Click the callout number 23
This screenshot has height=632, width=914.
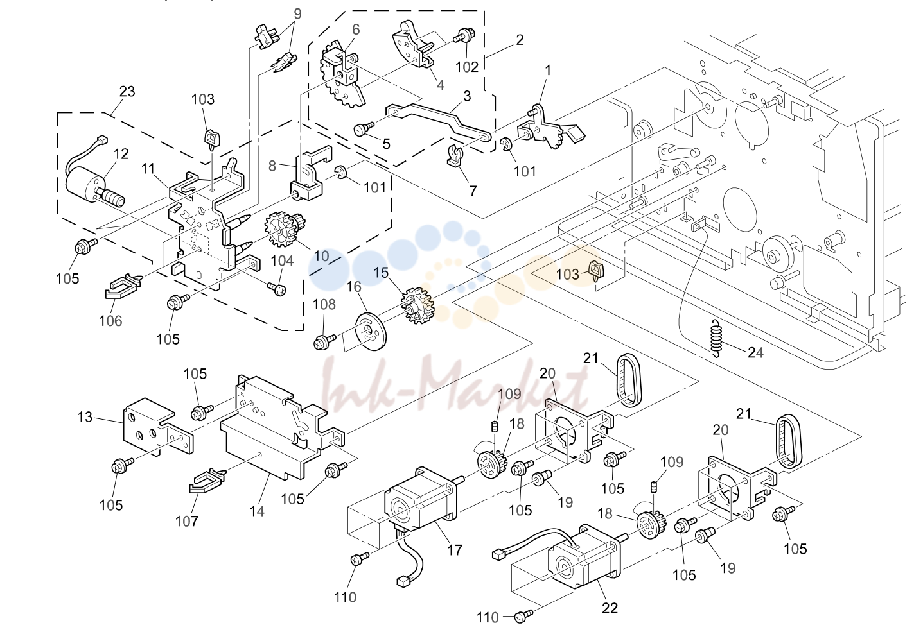127,91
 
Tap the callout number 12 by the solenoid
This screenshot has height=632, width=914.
121,154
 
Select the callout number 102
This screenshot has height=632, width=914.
467,67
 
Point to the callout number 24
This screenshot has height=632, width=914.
755,352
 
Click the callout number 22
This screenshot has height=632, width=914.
610,608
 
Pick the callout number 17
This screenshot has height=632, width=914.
455,550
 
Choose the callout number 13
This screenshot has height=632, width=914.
85,417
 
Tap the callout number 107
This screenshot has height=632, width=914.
187,521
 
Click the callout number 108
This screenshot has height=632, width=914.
324,304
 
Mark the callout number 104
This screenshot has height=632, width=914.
283,260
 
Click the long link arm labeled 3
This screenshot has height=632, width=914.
439,121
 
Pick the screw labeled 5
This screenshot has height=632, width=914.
364,129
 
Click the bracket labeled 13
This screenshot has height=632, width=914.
157,427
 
